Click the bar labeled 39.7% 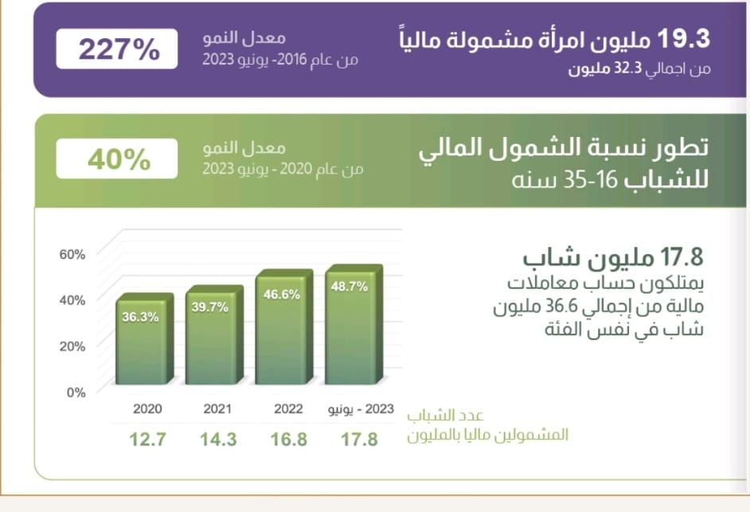[x=213, y=338]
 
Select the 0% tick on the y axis [x=75, y=392]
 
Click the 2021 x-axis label [x=217, y=409]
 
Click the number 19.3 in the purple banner [x=686, y=38]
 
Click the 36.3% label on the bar [x=140, y=316]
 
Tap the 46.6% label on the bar [x=282, y=295]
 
